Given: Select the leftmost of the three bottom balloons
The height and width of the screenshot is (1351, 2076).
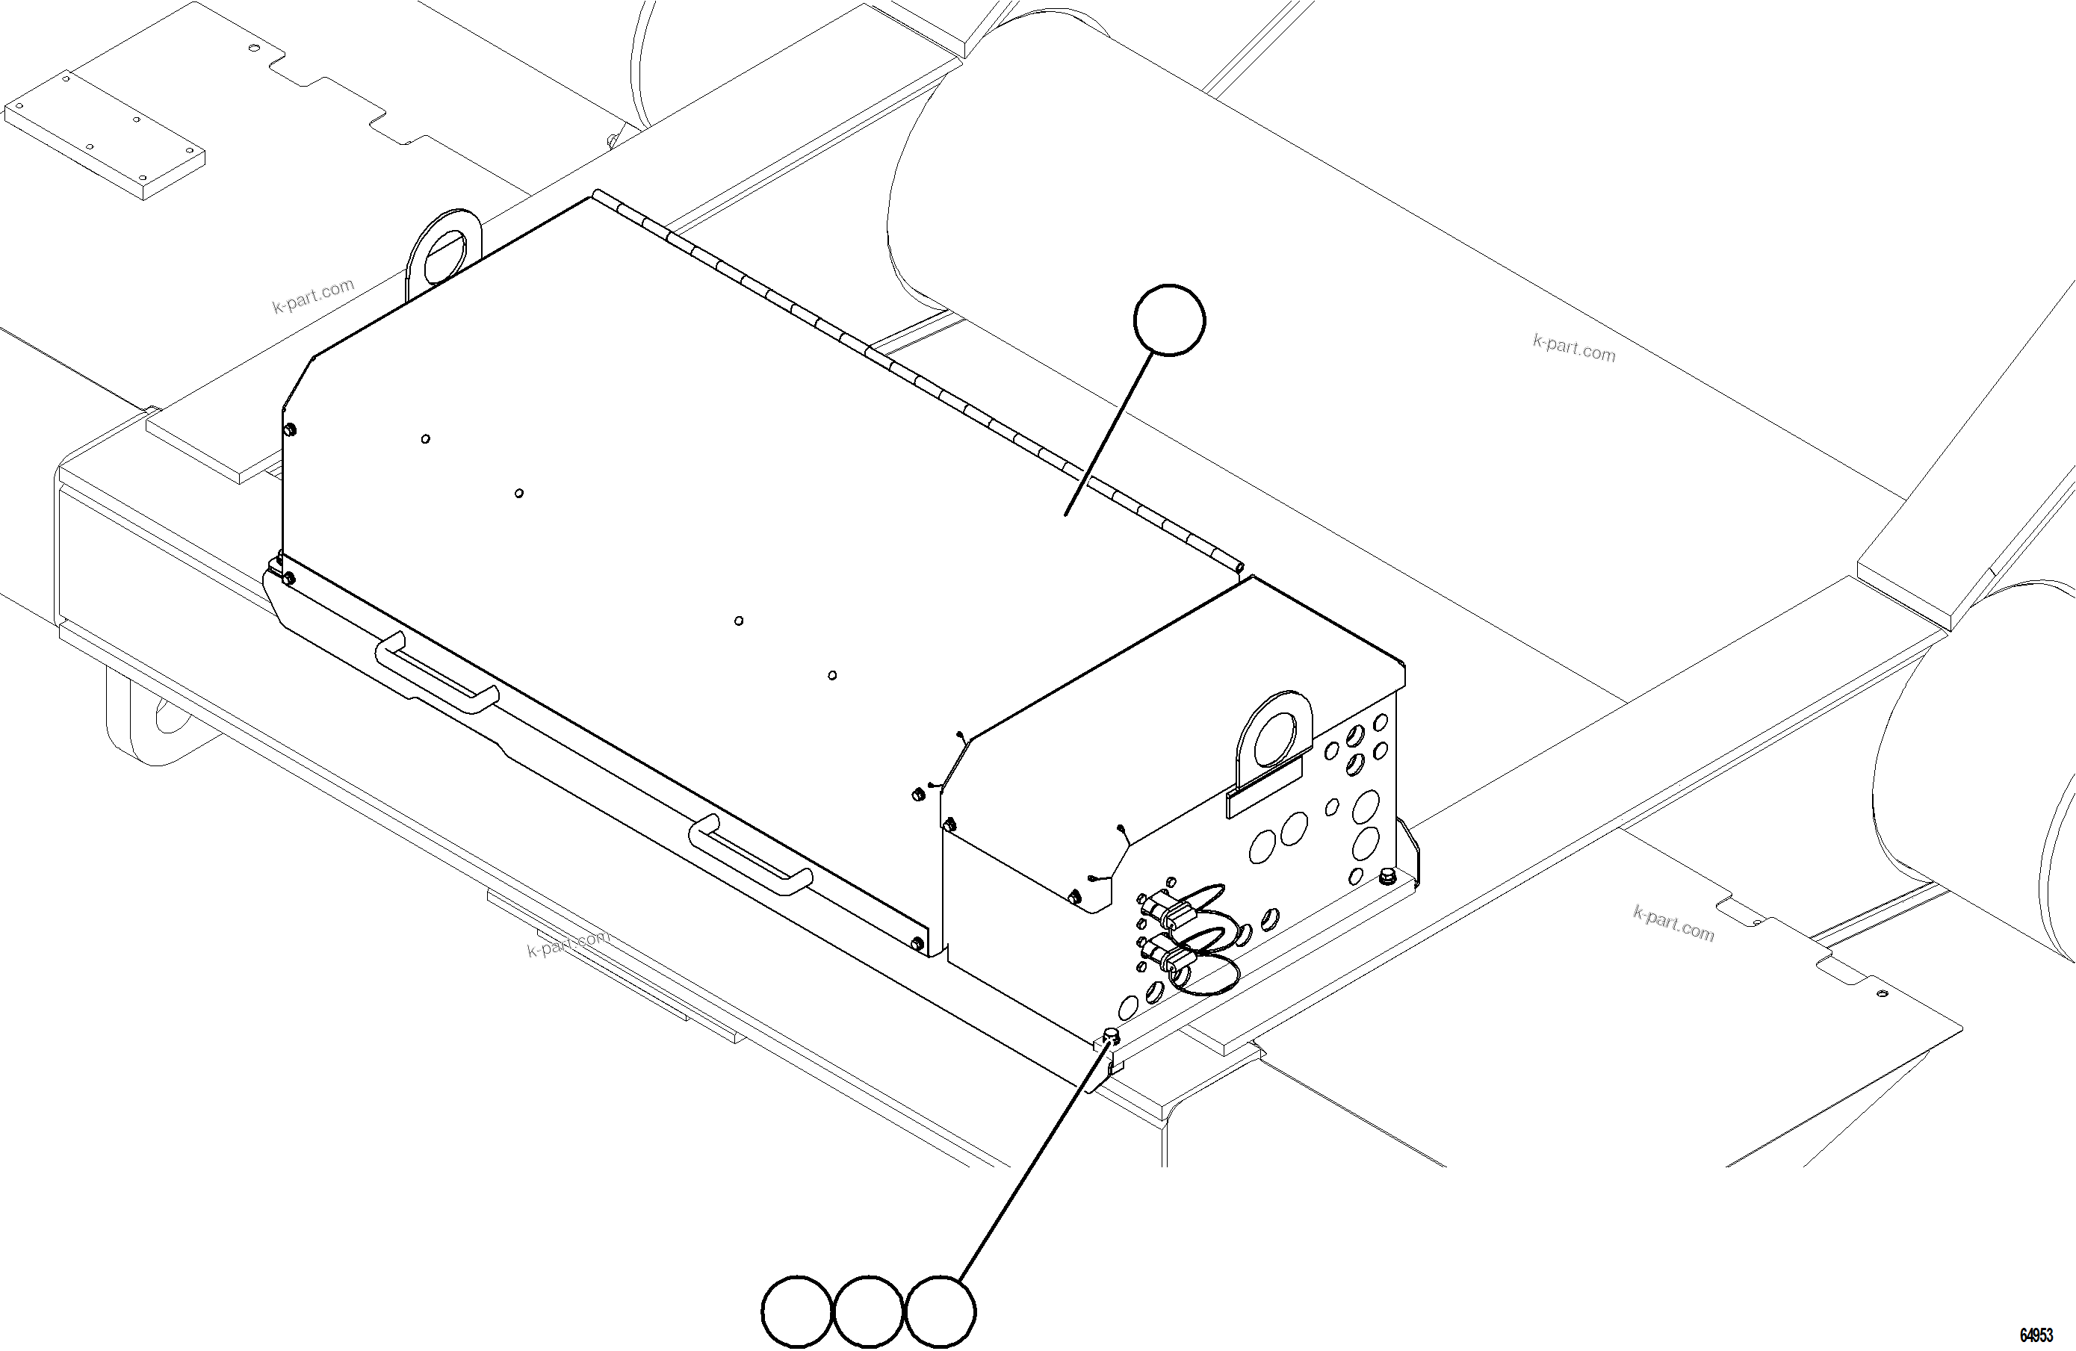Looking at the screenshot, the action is point(796,1311).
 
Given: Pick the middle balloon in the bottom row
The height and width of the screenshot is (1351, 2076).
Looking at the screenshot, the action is point(869,1311).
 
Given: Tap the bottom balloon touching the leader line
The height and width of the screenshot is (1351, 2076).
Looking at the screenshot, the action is point(941,1311).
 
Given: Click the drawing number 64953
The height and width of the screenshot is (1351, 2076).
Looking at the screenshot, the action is point(2036,1335).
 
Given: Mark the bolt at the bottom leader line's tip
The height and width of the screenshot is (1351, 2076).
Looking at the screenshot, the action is point(1112,1035).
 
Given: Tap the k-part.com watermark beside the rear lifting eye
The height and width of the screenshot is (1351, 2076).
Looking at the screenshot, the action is point(313,296).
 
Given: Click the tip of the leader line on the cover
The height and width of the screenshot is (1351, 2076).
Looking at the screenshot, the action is point(1066,515).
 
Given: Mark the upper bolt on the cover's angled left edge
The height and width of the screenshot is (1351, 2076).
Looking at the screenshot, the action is point(291,429).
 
